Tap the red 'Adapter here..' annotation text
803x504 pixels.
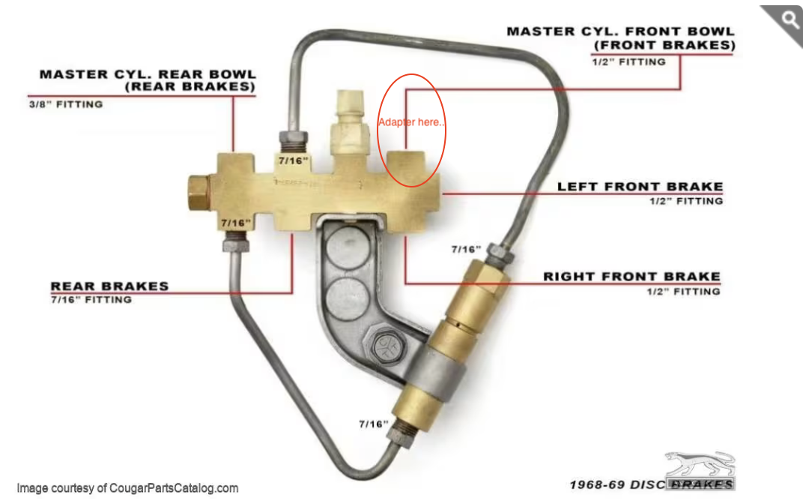click(x=412, y=122)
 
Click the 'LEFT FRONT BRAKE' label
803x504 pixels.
click(x=640, y=187)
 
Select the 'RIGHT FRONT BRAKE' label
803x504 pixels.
click(x=632, y=277)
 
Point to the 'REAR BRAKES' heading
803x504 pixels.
click(x=109, y=286)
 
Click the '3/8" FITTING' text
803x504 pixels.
click(x=66, y=104)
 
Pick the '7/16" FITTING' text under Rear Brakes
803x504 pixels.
click(x=91, y=299)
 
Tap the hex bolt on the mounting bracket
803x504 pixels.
click(x=384, y=346)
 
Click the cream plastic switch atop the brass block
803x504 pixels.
click(x=350, y=123)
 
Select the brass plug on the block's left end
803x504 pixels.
click(x=199, y=192)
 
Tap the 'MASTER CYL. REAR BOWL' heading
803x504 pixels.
click(x=148, y=74)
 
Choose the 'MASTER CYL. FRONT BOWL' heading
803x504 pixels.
click(x=621, y=31)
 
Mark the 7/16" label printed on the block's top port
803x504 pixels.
click(x=294, y=161)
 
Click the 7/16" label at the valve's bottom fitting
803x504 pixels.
click(x=373, y=424)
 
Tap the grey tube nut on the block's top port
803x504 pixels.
click(x=294, y=139)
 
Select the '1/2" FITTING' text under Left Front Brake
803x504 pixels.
click(x=686, y=202)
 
